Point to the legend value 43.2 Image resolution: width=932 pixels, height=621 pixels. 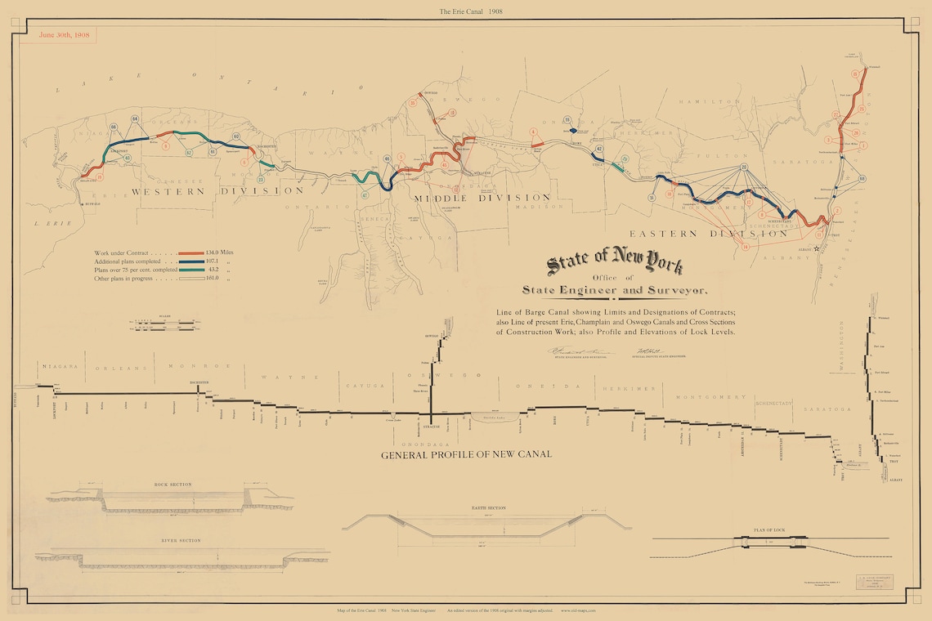215,270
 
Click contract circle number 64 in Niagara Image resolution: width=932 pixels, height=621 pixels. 135,119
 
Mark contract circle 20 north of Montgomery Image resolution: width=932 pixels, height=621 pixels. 744,167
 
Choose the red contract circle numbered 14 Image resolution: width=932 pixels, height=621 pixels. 745,246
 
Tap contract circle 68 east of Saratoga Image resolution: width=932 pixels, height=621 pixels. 862,179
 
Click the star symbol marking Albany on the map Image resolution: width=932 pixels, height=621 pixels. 816,249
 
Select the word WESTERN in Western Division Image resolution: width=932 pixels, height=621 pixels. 168,190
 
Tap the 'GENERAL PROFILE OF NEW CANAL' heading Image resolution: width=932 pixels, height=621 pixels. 466,453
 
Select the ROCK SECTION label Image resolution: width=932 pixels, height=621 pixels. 173,485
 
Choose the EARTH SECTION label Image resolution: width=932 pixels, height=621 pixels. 489,508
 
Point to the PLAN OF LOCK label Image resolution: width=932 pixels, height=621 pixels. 769,530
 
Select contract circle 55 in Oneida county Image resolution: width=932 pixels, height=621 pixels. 567,121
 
